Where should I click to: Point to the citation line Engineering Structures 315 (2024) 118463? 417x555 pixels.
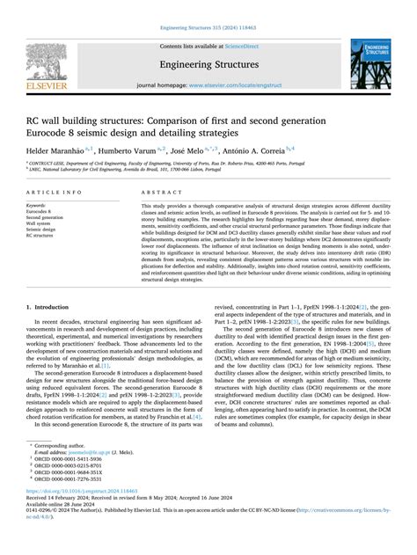208,10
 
